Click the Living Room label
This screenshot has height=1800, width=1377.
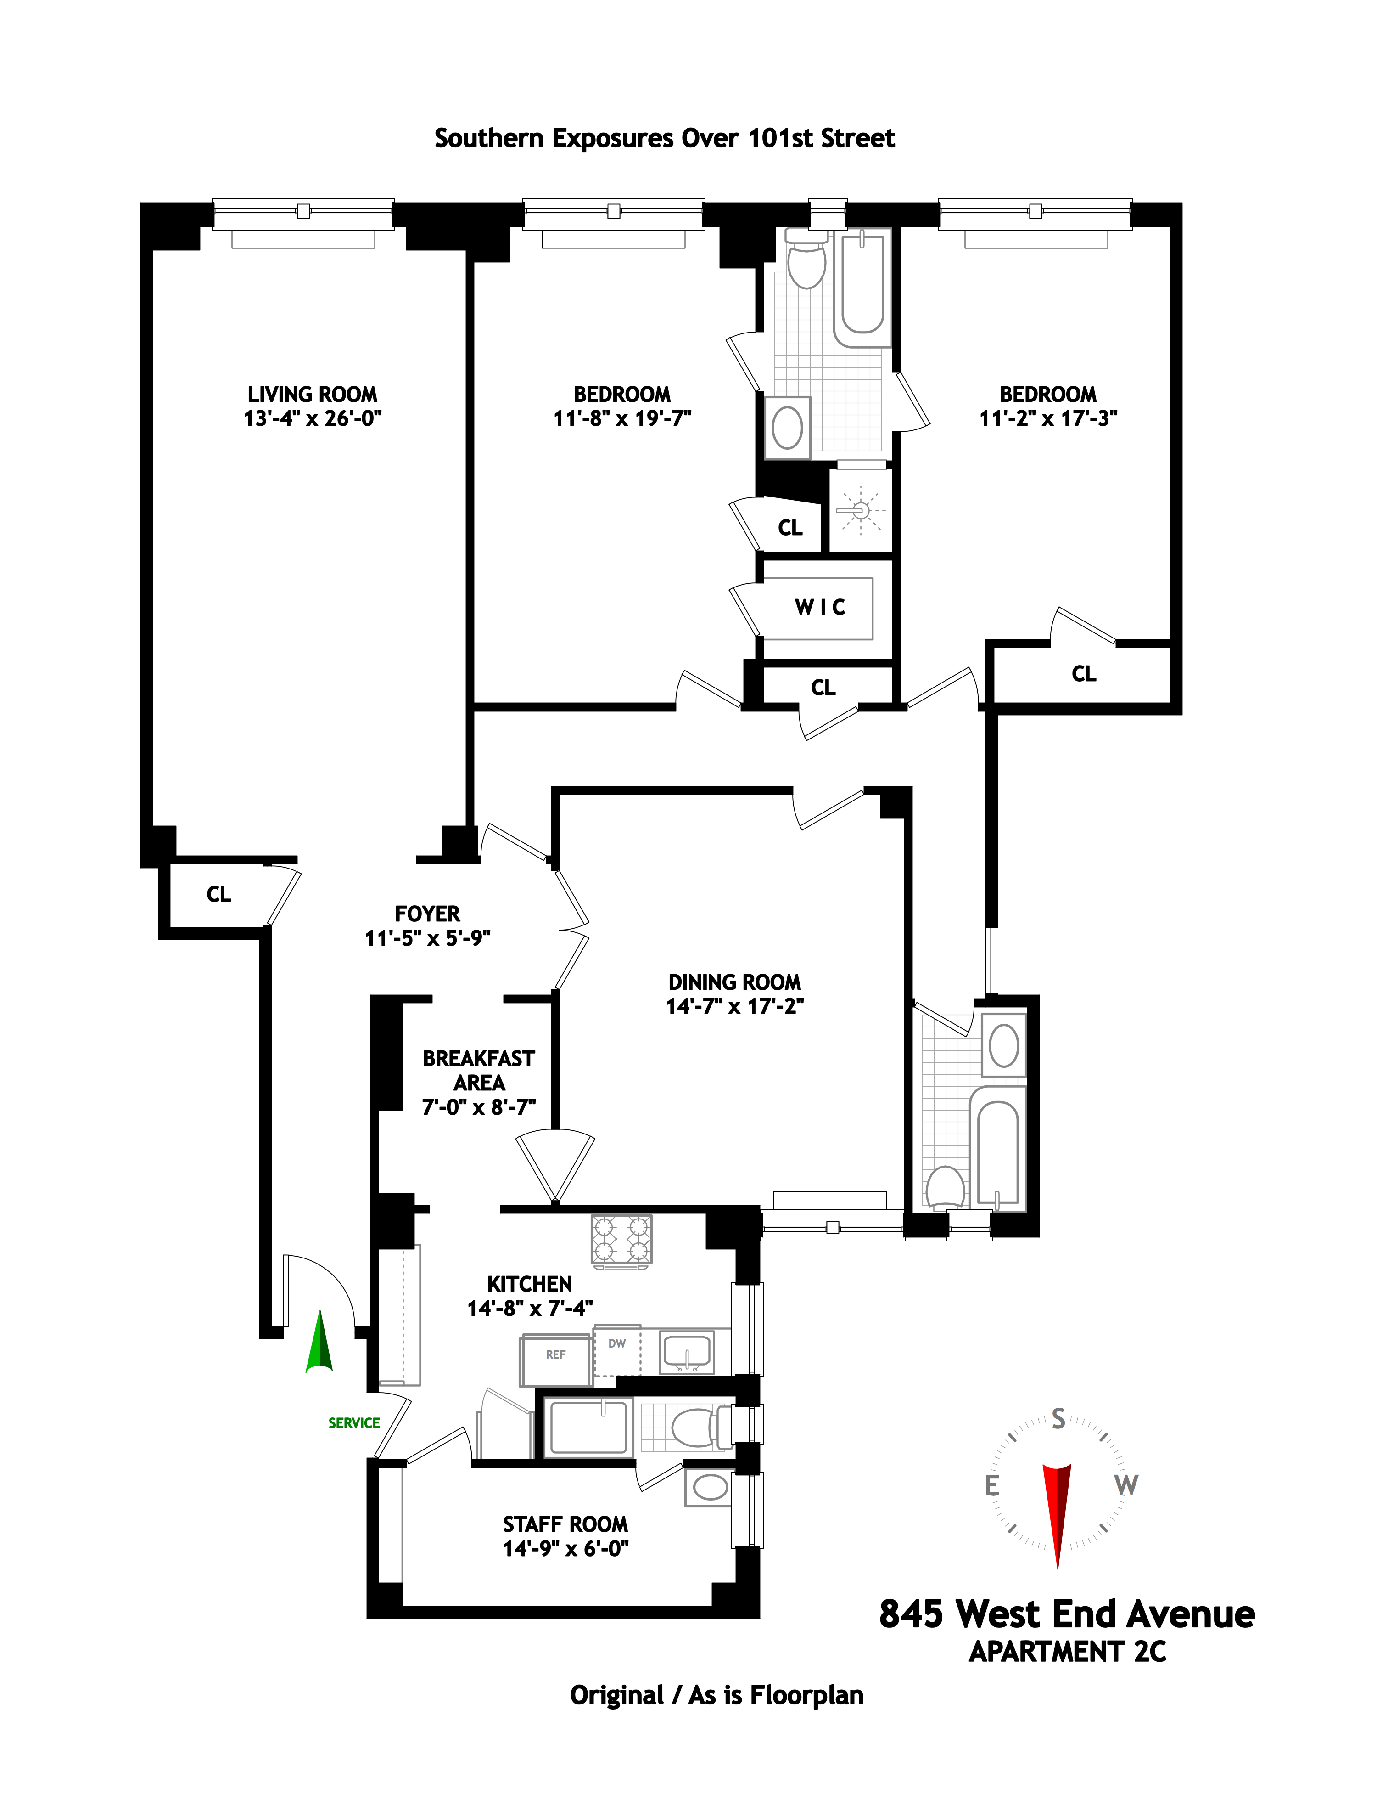[x=312, y=395]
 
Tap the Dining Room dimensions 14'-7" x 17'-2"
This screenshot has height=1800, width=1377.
[x=734, y=1006]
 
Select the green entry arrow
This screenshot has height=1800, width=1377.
[x=319, y=1343]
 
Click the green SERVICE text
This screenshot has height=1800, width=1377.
[x=354, y=1423]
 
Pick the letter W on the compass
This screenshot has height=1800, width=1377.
[x=1126, y=1485]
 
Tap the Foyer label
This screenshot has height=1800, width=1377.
[x=427, y=914]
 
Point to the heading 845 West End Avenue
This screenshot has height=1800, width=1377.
[x=1066, y=1614]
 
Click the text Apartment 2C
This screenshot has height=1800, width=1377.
[x=1067, y=1651]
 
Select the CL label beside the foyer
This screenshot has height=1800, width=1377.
[x=219, y=894]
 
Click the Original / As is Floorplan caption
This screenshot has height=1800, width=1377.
[x=716, y=1695]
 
